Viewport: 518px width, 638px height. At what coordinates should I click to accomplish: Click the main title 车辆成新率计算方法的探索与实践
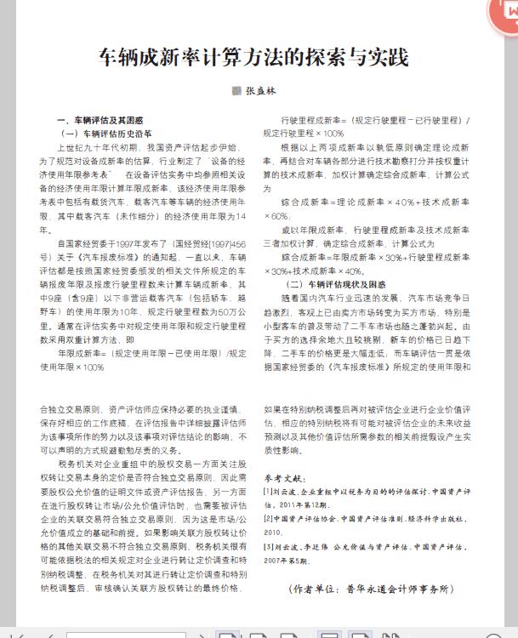point(253,57)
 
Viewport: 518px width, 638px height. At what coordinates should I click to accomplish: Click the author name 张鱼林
point(261,90)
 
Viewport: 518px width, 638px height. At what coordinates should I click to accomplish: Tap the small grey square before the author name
point(237,90)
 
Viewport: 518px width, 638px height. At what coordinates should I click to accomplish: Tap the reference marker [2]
point(269,517)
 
